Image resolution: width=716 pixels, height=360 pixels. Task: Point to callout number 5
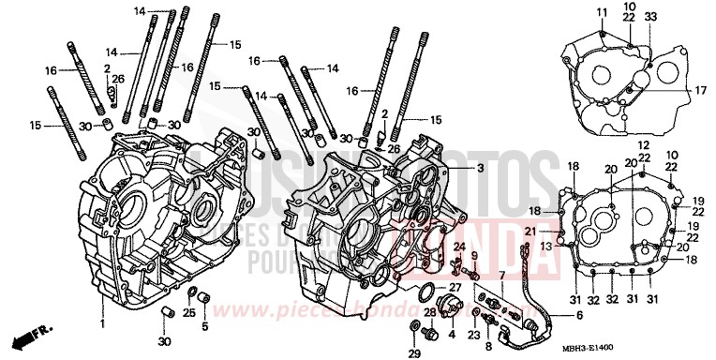click(205, 325)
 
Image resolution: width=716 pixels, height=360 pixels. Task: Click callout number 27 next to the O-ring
click(455, 287)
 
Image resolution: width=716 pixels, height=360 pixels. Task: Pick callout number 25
click(187, 312)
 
